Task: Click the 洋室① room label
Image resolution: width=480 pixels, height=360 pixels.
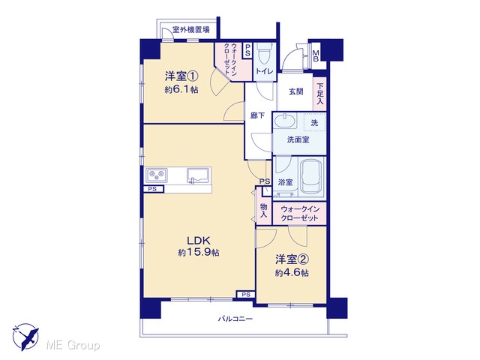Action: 181,76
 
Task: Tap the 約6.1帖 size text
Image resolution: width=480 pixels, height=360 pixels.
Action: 181,90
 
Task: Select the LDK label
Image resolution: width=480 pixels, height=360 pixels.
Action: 198,240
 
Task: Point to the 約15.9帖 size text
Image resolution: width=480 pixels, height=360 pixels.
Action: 199,253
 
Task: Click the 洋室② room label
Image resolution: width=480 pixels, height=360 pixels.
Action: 292,259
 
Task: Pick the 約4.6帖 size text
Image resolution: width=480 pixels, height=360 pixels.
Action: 292,273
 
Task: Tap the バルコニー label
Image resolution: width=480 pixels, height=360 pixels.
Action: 235,319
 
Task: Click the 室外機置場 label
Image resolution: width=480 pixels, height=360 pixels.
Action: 191,30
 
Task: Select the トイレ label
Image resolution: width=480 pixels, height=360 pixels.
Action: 265,72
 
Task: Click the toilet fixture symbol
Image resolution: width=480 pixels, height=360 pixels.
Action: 265,53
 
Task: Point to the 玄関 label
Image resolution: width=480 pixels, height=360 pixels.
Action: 296,91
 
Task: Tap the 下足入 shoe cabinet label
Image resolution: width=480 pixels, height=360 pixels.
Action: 320,93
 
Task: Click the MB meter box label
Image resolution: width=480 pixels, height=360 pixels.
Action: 316,55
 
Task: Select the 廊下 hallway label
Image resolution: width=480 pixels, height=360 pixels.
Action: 257,115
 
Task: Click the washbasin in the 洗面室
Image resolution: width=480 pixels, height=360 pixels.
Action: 285,121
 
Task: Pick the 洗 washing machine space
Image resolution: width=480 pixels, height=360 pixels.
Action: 314,123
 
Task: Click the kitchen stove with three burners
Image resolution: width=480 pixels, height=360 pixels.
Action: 157,175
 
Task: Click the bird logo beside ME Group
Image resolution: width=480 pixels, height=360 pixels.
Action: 25,337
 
